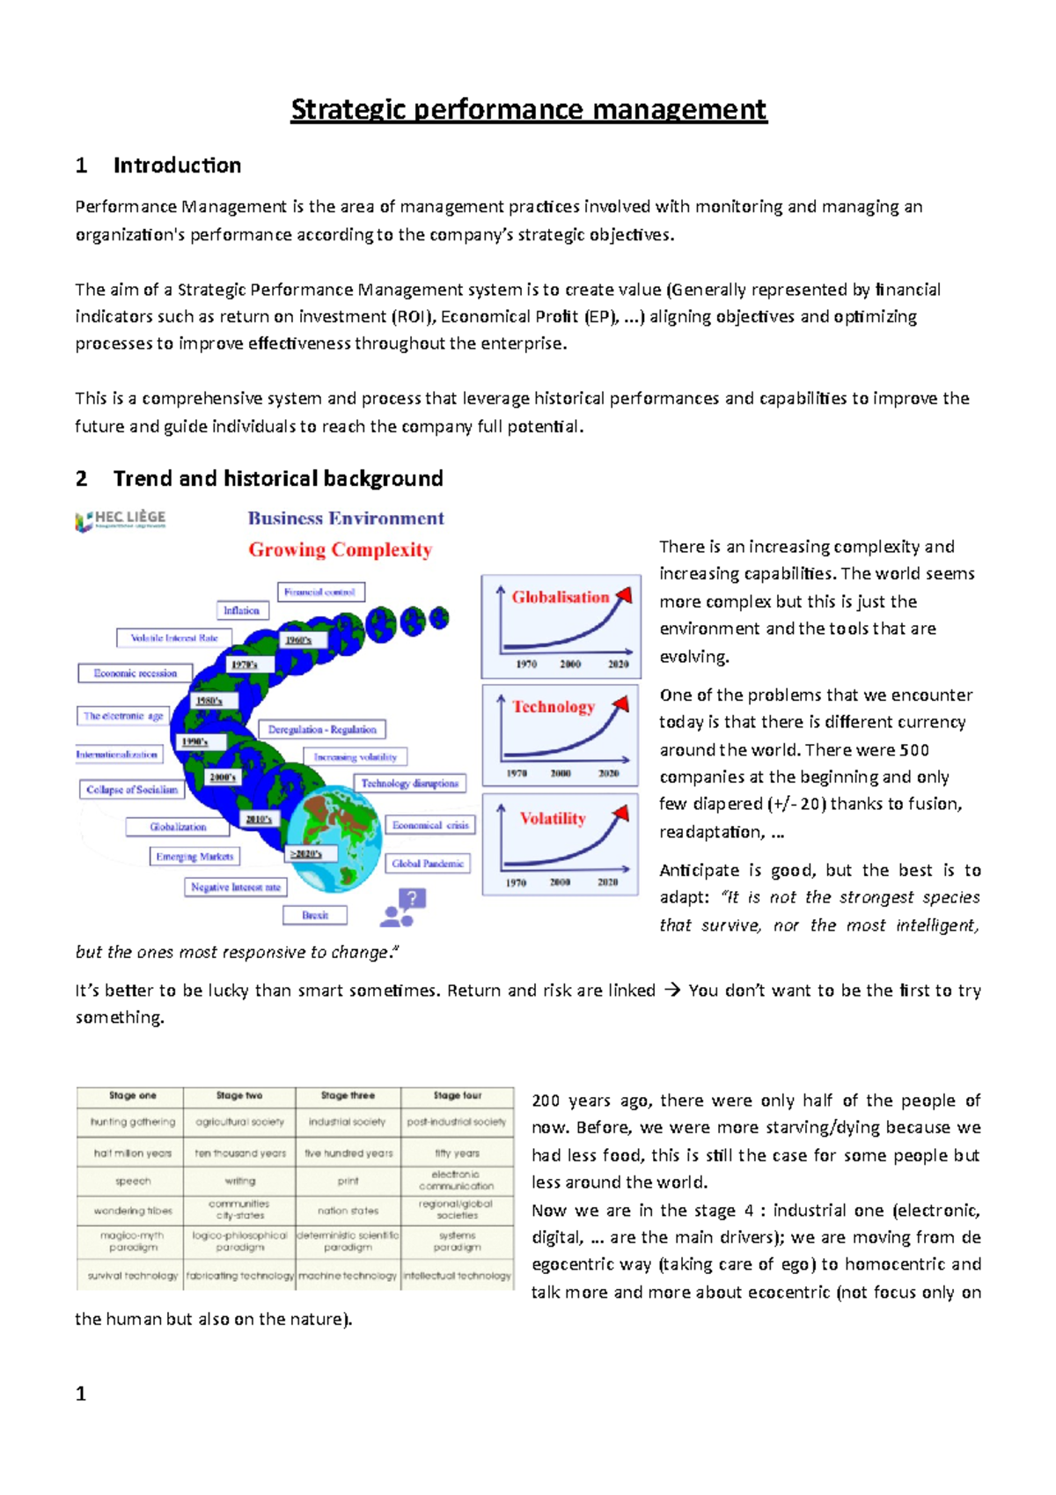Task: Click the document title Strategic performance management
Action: click(x=528, y=110)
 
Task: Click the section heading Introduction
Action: click(x=176, y=166)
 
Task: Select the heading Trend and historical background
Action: click(x=277, y=478)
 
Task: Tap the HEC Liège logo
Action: click(x=121, y=520)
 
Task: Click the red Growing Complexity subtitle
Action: click(x=340, y=550)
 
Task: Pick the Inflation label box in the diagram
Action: click(x=241, y=610)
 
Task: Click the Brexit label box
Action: click(x=314, y=916)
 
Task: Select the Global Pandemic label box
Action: click(x=427, y=864)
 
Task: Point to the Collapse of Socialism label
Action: click(x=131, y=790)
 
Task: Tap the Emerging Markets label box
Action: click(x=194, y=857)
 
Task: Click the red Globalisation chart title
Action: click(x=560, y=597)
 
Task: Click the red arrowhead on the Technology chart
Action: click(x=621, y=703)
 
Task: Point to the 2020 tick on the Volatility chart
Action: click(x=607, y=881)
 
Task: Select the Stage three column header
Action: click(x=348, y=1096)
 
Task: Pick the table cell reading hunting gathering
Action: click(x=132, y=1123)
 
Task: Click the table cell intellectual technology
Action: click(x=457, y=1276)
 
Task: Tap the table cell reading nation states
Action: click(x=348, y=1211)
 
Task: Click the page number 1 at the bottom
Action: click(x=81, y=1394)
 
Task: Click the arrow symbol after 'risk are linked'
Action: click(x=671, y=991)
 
